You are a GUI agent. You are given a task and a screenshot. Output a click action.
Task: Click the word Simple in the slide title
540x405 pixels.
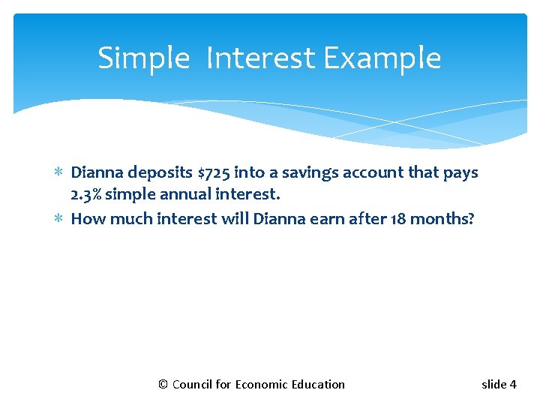(143, 58)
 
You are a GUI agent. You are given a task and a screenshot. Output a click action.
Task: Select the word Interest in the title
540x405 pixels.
(262, 58)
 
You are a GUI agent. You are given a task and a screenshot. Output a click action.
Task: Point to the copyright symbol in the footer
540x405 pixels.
(163, 385)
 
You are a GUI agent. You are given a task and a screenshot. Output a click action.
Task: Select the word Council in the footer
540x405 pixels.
(192, 385)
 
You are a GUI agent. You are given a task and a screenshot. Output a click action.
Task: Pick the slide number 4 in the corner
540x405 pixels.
(513, 385)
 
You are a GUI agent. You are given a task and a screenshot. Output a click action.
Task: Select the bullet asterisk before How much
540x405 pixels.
(59, 220)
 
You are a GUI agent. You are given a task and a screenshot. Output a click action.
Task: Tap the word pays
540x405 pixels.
(461, 173)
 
